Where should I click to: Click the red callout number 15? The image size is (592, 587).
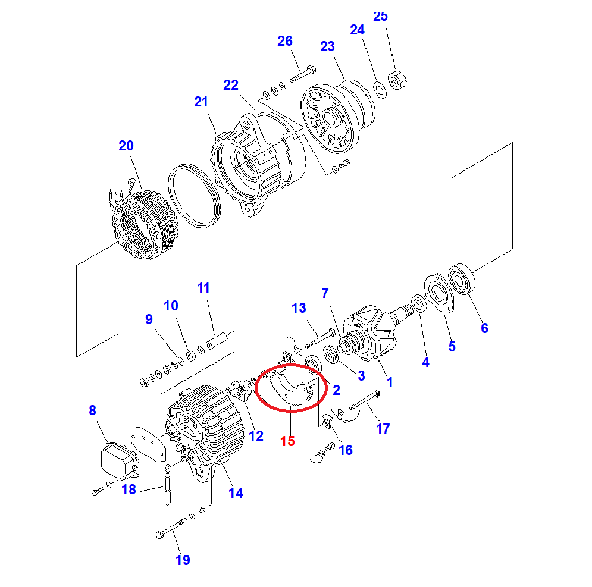288,441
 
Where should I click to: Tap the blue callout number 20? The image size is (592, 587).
126,146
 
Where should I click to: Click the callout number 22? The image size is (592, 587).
231,86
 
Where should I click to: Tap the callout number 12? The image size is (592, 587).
256,437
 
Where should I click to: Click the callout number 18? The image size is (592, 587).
129,490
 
